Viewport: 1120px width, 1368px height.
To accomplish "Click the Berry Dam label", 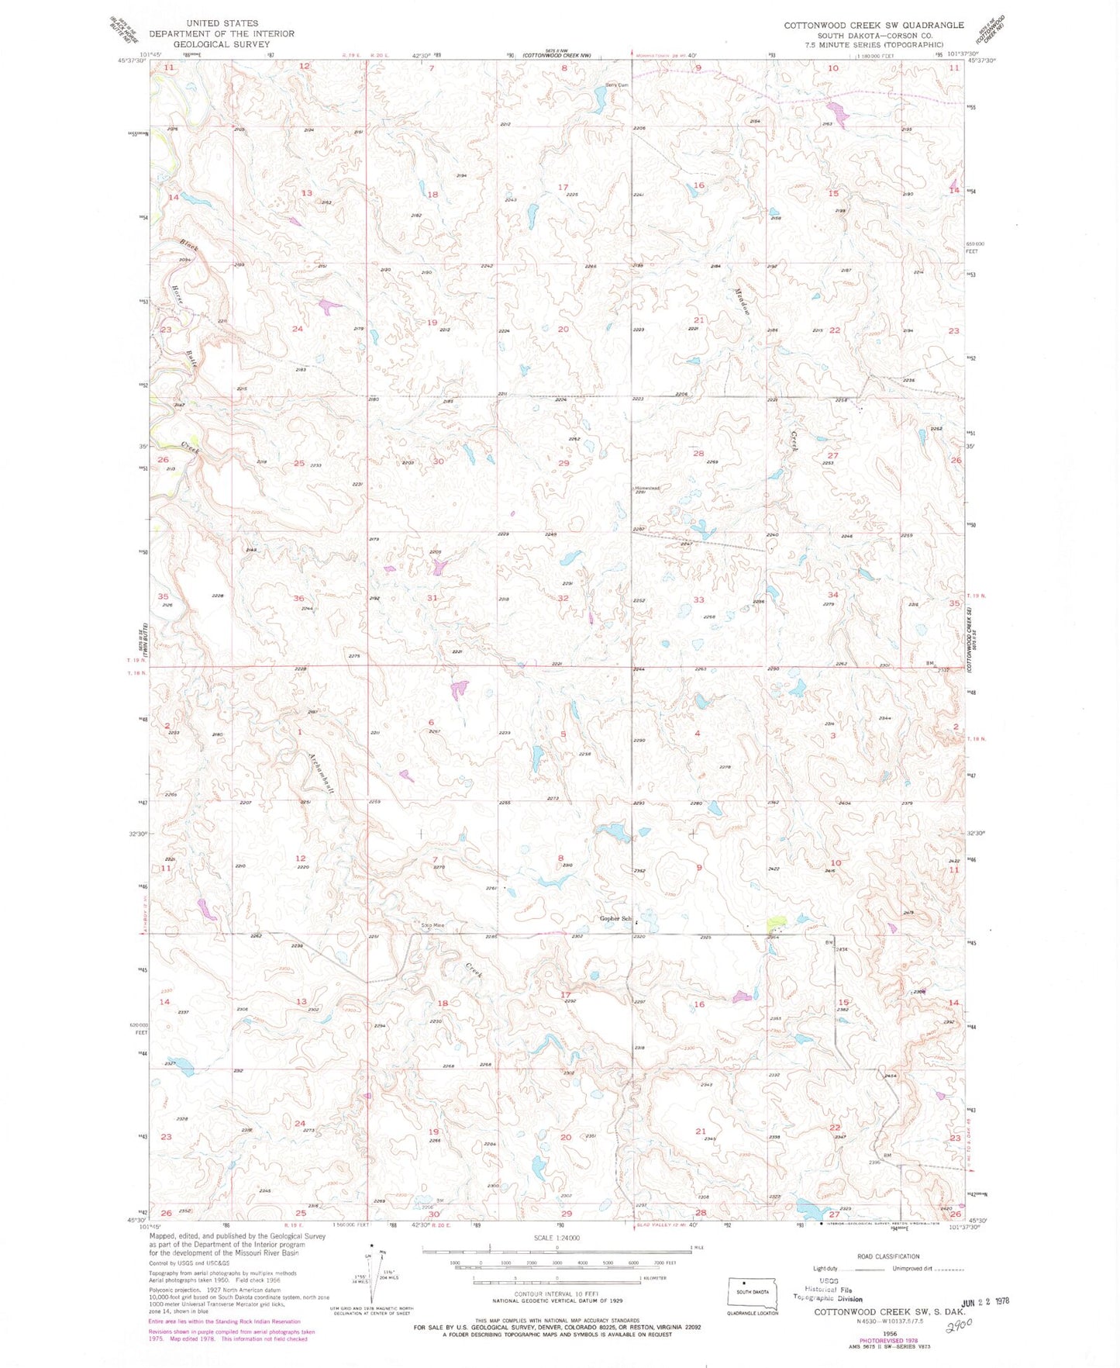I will click(x=616, y=85).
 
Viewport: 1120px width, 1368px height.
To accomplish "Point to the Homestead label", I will click(x=647, y=487).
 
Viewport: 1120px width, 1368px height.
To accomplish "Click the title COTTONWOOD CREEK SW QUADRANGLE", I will click(x=874, y=25).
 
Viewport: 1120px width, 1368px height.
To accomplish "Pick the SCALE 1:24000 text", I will click(x=556, y=1237).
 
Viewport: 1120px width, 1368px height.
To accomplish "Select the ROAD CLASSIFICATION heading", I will click(x=888, y=1256).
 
